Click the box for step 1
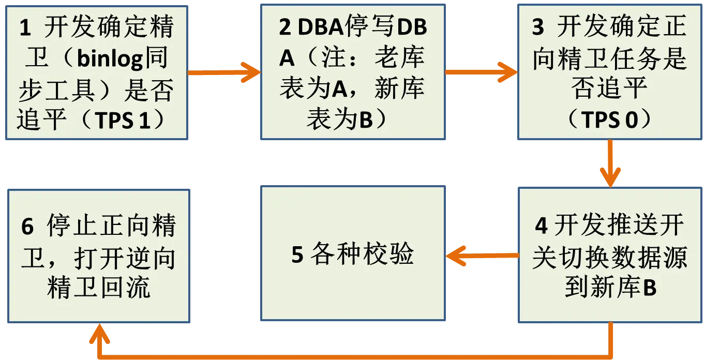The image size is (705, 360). tap(97, 72)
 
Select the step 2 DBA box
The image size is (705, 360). tap(353, 72)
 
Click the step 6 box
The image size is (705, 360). tap(98, 256)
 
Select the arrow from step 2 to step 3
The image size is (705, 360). tap(481, 72)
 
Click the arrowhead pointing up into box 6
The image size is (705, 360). tap(100, 336)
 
